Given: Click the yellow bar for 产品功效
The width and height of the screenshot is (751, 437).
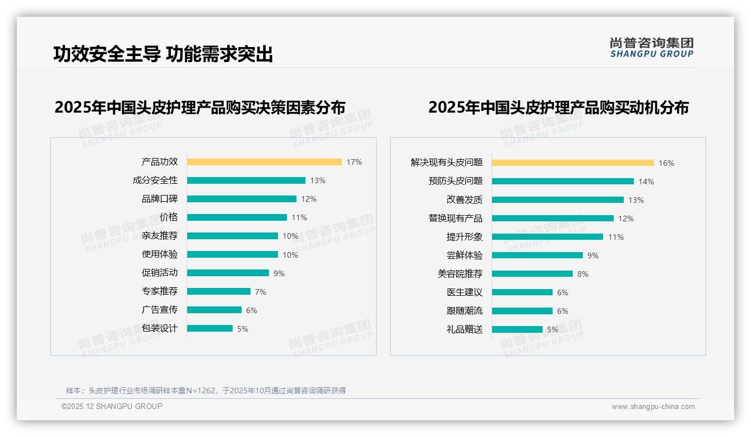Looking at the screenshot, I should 264,162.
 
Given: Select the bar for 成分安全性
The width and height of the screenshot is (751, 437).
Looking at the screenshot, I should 246,180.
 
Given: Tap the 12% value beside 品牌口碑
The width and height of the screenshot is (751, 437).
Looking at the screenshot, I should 309,199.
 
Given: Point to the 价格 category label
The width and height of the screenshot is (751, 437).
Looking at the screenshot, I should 168,217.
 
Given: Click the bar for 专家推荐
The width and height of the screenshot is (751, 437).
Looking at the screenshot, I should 219,291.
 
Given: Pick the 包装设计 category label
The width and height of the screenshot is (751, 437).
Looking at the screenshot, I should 159,328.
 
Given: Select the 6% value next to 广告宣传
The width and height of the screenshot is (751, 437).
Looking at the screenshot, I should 252,310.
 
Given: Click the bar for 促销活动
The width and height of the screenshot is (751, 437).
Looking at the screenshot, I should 228,273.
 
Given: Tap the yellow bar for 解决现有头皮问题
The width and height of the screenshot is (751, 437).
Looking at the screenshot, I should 573,163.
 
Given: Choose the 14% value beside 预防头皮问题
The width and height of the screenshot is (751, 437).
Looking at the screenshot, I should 646,182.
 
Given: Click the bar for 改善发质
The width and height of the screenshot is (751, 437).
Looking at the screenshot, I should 558,200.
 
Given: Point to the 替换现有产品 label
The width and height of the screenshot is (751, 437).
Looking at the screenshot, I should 455,218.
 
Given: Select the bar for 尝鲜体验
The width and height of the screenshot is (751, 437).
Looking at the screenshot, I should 537,255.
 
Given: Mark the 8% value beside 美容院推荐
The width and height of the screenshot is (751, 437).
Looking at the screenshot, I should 583,274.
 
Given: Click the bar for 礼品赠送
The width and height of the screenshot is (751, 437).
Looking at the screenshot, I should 517,329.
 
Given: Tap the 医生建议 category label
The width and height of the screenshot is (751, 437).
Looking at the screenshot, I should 464,292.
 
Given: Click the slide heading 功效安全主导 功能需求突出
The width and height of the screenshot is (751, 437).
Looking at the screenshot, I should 163,54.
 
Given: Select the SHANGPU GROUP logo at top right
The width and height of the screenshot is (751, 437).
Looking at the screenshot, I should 651,48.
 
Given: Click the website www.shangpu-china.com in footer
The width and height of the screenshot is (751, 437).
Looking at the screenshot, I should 653,407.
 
